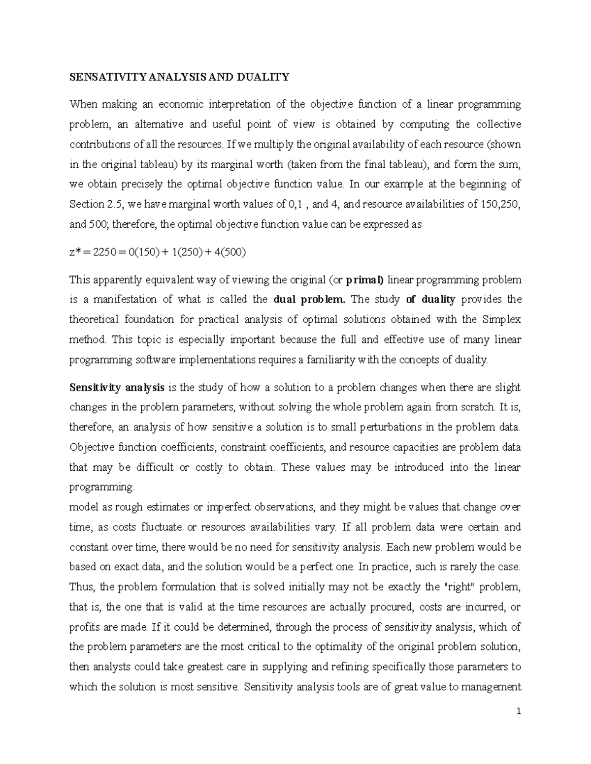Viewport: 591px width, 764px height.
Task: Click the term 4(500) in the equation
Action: pyautogui.click(x=229, y=252)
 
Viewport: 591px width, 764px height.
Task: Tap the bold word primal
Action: pyautogui.click(x=364, y=280)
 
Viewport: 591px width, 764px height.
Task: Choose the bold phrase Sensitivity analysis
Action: pyautogui.click(x=117, y=387)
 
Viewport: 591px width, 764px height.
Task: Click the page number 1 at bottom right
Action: pyautogui.click(x=519, y=711)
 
